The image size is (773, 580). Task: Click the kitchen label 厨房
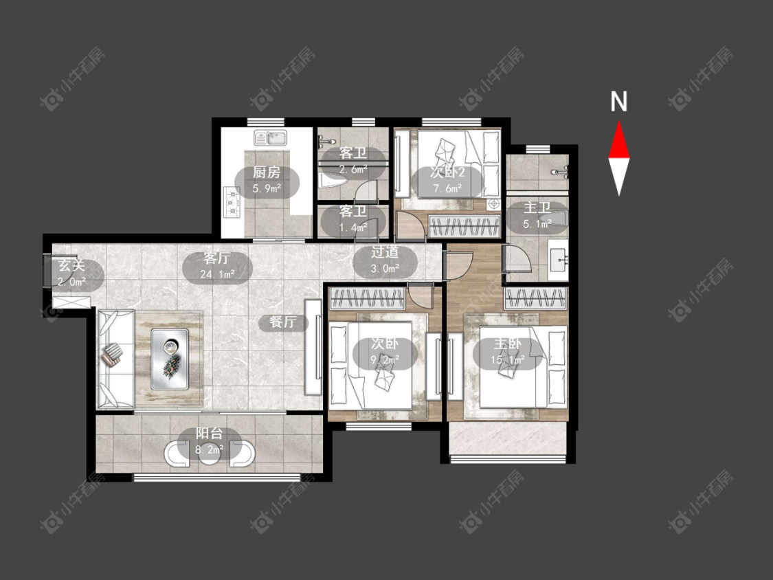pos(267,172)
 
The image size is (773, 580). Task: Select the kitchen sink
pos(270,137)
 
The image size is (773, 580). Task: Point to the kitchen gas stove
pos(232,202)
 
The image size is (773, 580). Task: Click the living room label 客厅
pos(217,258)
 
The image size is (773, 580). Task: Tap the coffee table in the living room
pos(170,359)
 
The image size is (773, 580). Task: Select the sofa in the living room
pos(116,359)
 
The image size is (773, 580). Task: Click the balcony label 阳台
pos(210,434)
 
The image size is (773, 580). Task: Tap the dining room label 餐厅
pos(283,322)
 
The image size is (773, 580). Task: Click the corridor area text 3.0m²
pos(385,269)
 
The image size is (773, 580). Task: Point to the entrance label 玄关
pos(72,265)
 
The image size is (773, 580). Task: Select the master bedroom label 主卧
pos(508,344)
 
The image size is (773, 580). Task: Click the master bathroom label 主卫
pos(537,208)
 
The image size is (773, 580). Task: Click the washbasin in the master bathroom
pos(559,256)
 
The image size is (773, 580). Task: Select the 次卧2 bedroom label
pos(447,172)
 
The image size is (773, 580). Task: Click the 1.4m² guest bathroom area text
pos(353,227)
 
